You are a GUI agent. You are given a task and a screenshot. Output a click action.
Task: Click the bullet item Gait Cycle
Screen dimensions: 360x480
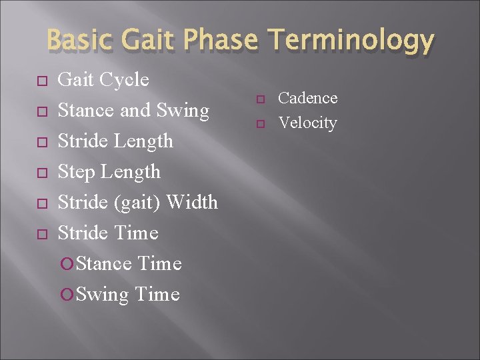103,80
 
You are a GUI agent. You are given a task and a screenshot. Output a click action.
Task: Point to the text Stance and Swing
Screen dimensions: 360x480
133,111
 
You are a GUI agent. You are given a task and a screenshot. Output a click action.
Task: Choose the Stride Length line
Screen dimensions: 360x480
115,141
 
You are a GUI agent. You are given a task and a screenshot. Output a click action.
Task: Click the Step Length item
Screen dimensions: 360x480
109,172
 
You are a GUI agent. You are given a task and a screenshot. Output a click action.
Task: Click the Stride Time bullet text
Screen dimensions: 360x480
108,233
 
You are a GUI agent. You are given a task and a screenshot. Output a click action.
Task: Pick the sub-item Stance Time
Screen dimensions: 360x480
129,264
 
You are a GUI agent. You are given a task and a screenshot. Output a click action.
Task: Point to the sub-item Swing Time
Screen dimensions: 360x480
127,295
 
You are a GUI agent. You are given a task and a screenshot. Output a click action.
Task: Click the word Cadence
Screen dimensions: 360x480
307,98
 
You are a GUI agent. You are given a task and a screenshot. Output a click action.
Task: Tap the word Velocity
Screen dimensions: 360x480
307,123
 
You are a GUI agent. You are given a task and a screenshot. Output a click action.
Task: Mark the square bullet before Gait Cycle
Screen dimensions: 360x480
41,81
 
